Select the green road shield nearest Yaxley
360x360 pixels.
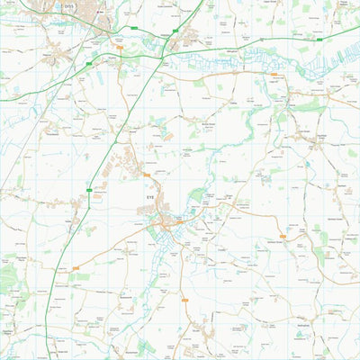pos(90,189)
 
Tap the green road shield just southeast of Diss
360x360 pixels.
pos(134,29)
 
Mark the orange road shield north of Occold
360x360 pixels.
pos(184,299)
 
